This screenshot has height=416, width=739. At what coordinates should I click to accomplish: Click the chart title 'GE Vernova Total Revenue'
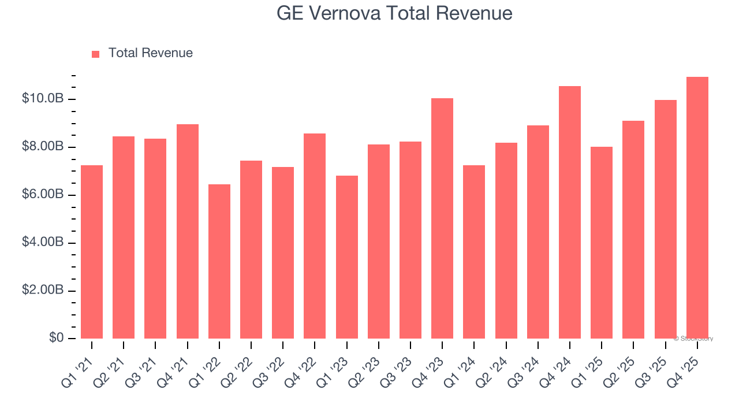coord(394,13)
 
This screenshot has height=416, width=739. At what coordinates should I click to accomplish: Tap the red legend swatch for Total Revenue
coord(96,54)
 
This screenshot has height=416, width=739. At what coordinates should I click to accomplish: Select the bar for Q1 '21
coord(92,252)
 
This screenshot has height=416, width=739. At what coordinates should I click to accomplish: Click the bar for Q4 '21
coord(188,231)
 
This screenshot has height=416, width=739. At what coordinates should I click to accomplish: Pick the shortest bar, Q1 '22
coord(219,261)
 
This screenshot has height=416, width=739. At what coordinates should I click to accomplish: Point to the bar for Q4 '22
coord(315,236)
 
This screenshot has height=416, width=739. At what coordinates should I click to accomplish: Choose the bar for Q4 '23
coord(442,218)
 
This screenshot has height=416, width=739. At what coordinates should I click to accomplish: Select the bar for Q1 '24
coord(474,252)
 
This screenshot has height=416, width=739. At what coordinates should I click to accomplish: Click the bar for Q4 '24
coord(570,212)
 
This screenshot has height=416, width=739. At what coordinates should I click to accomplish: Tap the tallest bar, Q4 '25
coord(697,208)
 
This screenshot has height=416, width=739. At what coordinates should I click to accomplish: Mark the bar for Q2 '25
coord(633,229)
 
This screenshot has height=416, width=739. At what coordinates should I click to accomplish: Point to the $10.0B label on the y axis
coord(43,99)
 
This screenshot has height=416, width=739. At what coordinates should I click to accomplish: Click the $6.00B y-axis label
coord(43,195)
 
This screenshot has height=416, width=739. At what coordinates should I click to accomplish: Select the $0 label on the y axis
coord(55,338)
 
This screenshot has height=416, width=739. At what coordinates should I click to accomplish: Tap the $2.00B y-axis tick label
coord(43,290)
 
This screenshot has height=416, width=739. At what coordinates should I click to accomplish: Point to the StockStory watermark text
coord(693,339)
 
